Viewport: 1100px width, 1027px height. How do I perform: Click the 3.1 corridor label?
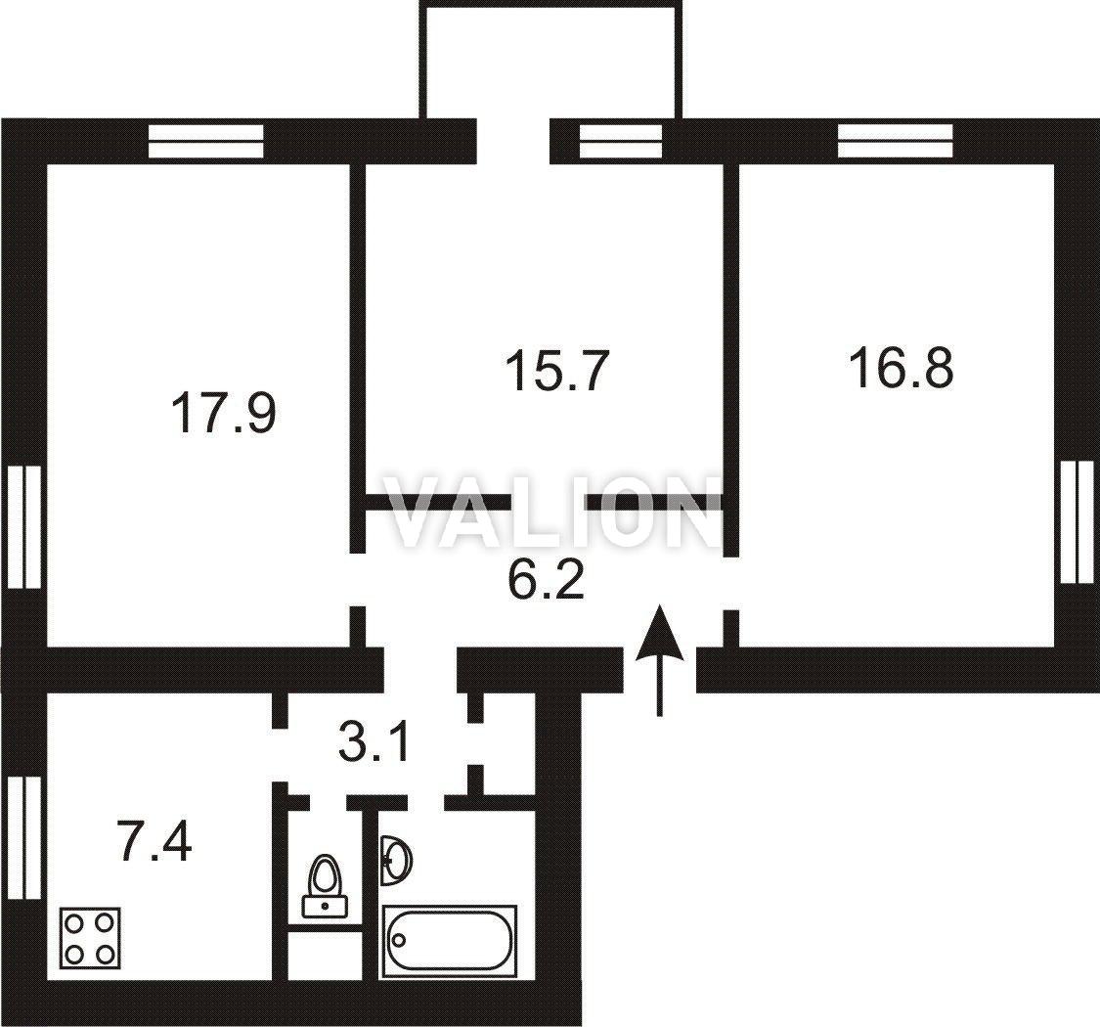(x=374, y=744)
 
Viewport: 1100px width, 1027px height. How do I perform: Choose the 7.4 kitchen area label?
(x=155, y=841)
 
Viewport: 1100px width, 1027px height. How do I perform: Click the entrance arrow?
(x=659, y=660)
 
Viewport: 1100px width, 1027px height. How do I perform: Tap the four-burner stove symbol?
(x=90, y=938)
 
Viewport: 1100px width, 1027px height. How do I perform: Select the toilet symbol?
(x=324, y=886)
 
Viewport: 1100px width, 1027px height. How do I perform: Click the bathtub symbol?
(x=449, y=941)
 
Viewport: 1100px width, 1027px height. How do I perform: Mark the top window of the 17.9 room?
(x=205, y=141)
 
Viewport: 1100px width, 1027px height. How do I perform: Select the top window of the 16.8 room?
(x=896, y=141)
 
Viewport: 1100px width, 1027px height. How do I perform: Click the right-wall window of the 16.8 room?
(x=1078, y=521)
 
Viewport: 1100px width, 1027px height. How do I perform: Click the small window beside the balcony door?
(x=621, y=141)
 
